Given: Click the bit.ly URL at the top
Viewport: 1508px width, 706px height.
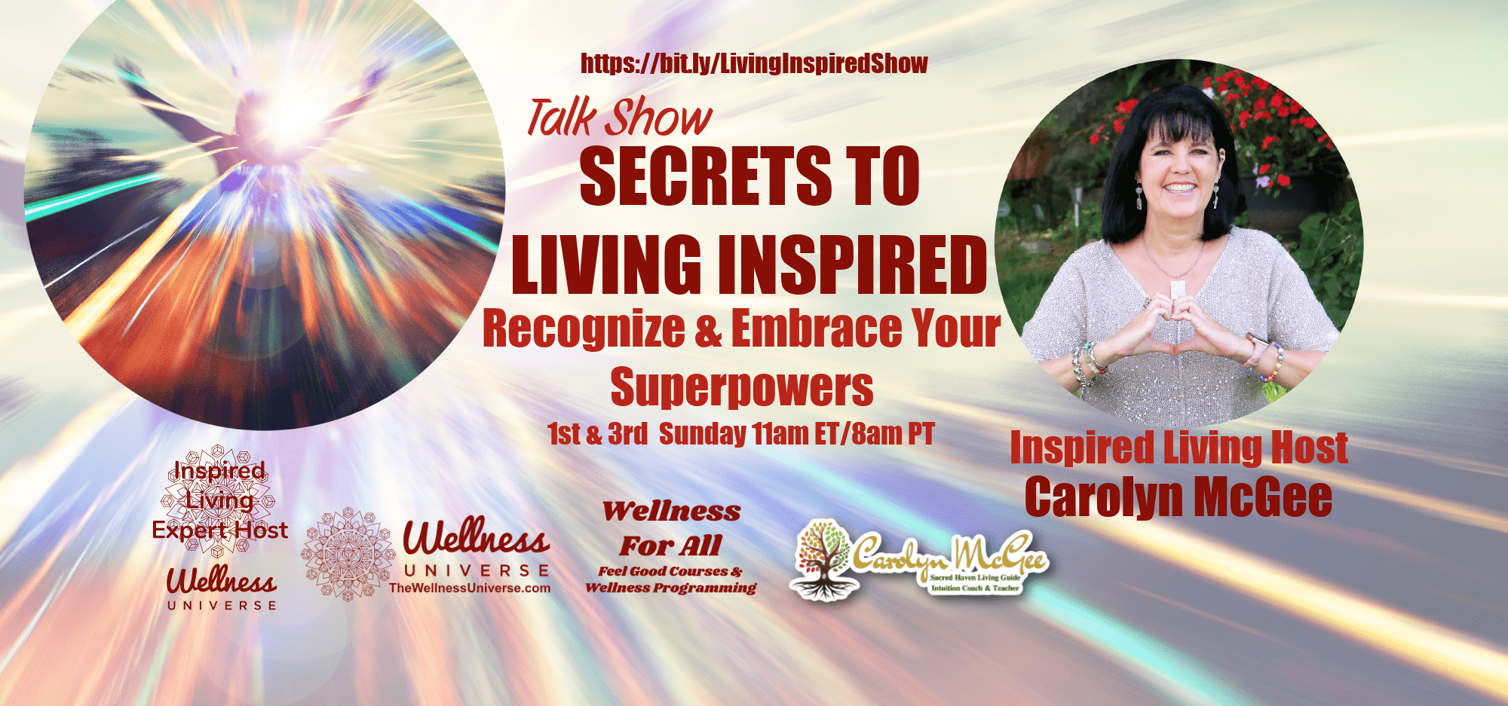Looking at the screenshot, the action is tap(754, 63).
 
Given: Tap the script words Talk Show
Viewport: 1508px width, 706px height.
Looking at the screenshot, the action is tap(619, 118).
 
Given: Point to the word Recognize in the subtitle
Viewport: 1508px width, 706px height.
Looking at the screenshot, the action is tap(584, 329).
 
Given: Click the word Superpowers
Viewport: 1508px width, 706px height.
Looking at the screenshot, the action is tap(742, 387).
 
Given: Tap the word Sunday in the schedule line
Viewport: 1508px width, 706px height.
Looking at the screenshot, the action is tap(702, 434).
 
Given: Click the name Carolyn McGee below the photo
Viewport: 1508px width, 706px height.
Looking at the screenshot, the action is tap(1179, 497).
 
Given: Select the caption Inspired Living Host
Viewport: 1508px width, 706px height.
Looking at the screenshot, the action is tap(1179, 448).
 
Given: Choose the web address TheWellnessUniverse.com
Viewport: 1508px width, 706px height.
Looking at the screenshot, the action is tap(470, 588).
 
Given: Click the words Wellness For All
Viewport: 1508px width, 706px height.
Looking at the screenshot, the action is tap(671, 528).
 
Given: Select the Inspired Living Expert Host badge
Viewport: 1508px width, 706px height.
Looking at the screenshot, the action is tap(219, 500).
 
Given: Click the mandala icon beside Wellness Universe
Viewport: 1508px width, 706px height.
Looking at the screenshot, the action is tap(348, 555).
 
